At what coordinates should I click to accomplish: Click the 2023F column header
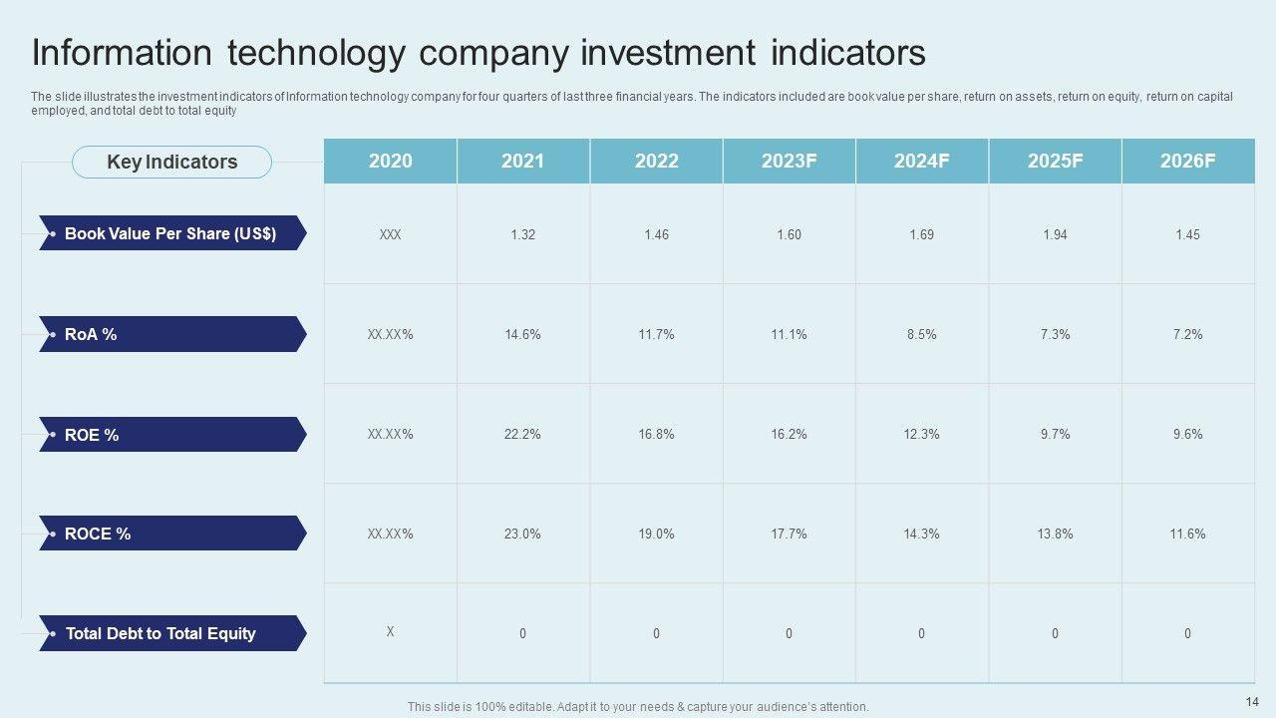click(x=789, y=162)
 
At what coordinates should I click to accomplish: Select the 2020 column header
click(x=390, y=162)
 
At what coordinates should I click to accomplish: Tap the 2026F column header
click(x=1187, y=162)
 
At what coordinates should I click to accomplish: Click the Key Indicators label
click(x=171, y=162)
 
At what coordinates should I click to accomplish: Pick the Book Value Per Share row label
click(x=170, y=233)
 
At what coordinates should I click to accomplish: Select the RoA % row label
click(x=91, y=334)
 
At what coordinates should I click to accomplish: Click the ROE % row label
click(x=92, y=434)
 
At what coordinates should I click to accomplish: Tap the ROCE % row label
click(x=98, y=534)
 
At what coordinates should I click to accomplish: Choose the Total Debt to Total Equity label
click(x=160, y=633)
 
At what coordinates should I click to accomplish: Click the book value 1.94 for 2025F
click(x=1055, y=234)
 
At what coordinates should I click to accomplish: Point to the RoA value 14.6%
click(x=522, y=334)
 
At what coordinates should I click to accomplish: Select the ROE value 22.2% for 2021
click(x=522, y=434)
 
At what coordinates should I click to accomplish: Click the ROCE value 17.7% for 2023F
click(x=789, y=534)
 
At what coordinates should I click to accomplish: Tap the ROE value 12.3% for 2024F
click(x=922, y=434)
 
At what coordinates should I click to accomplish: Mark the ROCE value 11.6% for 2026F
click(x=1187, y=534)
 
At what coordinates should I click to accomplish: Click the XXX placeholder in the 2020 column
click(x=390, y=234)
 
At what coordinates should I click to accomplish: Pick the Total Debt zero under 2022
click(x=656, y=633)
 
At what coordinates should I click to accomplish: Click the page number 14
click(x=1252, y=701)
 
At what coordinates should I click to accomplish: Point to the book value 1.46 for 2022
click(x=656, y=234)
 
